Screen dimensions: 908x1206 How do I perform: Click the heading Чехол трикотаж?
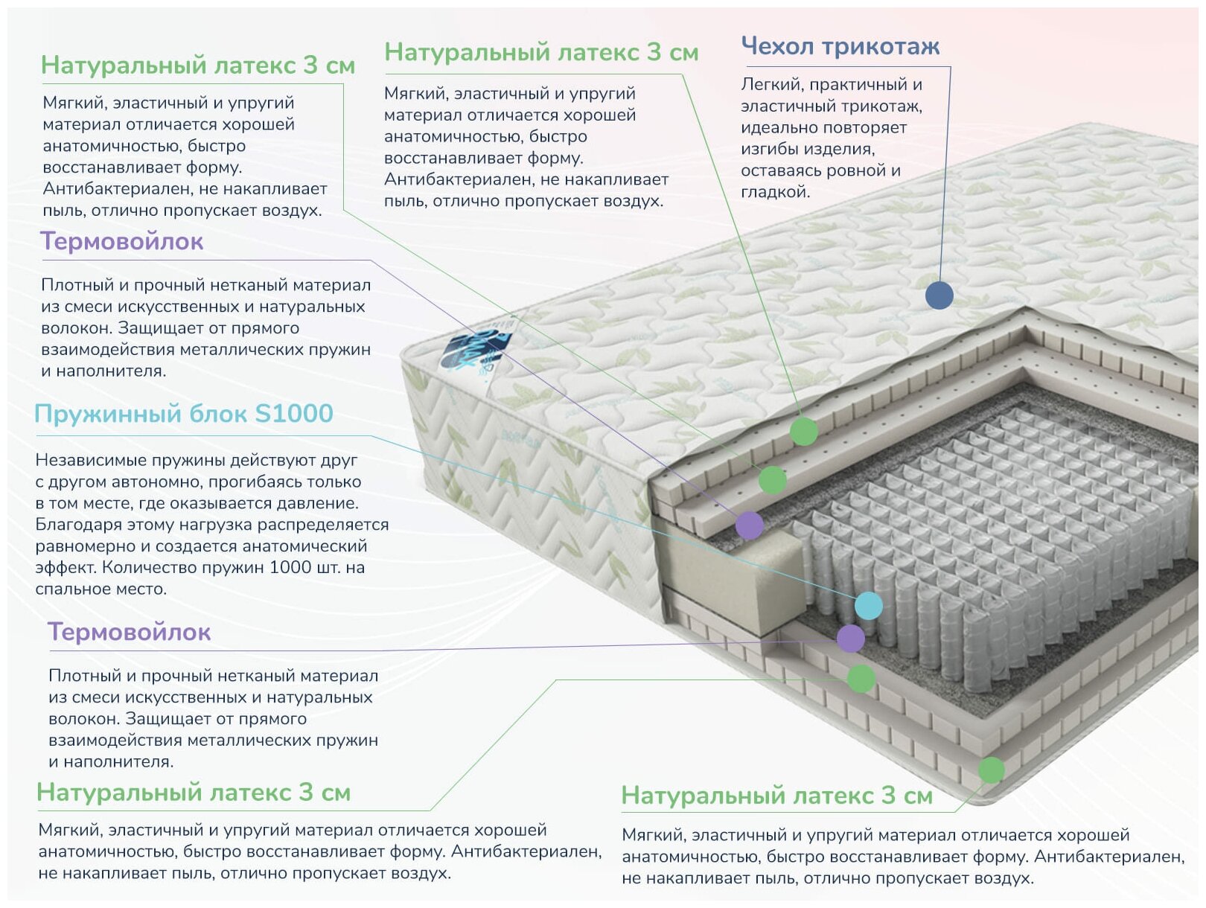[840, 47]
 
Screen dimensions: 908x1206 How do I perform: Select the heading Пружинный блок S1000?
[184, 414]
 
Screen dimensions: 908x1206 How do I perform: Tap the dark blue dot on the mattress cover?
[939, 295]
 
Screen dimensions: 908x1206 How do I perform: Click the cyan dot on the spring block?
[868, 606]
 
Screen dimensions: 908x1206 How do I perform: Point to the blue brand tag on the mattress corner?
[475, 349]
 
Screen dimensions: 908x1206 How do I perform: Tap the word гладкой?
[774, 192]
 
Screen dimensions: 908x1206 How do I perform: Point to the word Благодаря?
[77, 525]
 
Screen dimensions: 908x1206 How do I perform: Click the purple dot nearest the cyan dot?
[850, 638]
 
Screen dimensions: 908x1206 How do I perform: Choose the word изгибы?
[769, 149]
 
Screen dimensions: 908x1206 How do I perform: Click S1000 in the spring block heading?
[293, 414]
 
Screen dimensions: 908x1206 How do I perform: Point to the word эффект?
[64, 568]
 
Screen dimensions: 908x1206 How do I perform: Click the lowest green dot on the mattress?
[990, 770]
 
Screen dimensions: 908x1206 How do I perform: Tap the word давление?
[317, 504]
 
